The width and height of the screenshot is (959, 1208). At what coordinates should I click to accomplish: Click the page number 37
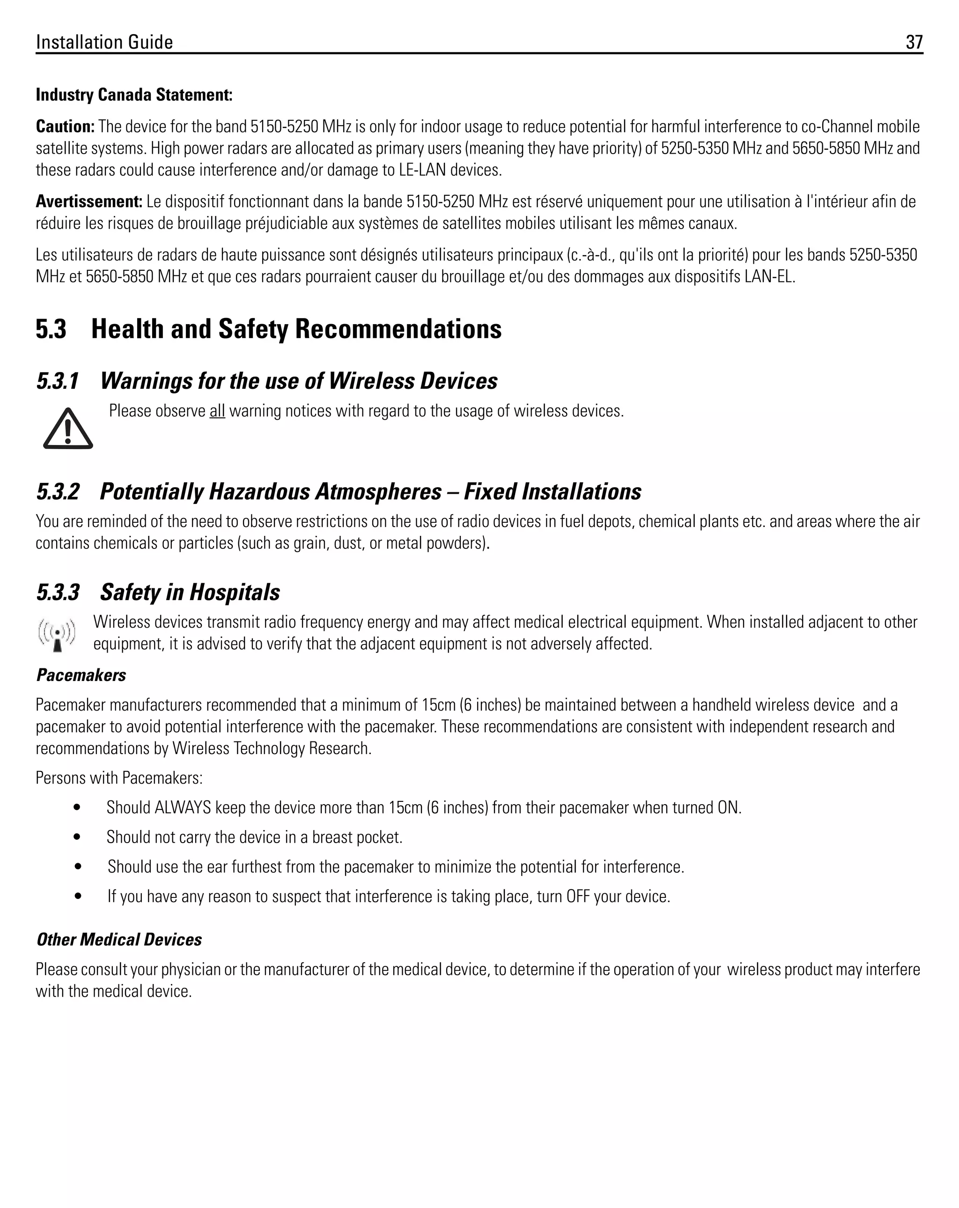click(914, 42)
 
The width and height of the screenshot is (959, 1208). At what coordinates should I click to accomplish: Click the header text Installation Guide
click(104, 42)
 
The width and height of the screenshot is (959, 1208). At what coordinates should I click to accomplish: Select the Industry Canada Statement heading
click(134, 95)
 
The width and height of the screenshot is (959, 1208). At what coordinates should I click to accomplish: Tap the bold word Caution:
click(65, 126)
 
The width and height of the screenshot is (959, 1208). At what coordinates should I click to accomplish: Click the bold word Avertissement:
click(89, 201)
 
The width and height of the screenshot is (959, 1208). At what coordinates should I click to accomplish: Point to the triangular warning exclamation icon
click(68, 429)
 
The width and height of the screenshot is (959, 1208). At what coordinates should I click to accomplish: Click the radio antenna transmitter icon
click(57, 635)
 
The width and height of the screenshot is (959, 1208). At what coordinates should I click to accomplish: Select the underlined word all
click(217, 411)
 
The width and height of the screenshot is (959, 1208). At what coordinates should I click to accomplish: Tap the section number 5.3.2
click(58, 492)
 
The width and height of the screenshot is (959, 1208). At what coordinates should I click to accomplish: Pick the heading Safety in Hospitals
click(190, 592)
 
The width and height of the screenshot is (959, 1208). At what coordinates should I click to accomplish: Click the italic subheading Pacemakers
click(81, 675)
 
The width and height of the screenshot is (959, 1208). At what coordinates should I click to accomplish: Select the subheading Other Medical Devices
click(119, 940)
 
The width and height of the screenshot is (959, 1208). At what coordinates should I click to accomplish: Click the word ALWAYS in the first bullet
click(183, 808)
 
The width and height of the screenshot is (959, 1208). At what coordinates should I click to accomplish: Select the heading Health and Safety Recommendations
click(296, 329)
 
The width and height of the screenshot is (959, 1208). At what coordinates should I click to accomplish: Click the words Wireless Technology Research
click(271, 749)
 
